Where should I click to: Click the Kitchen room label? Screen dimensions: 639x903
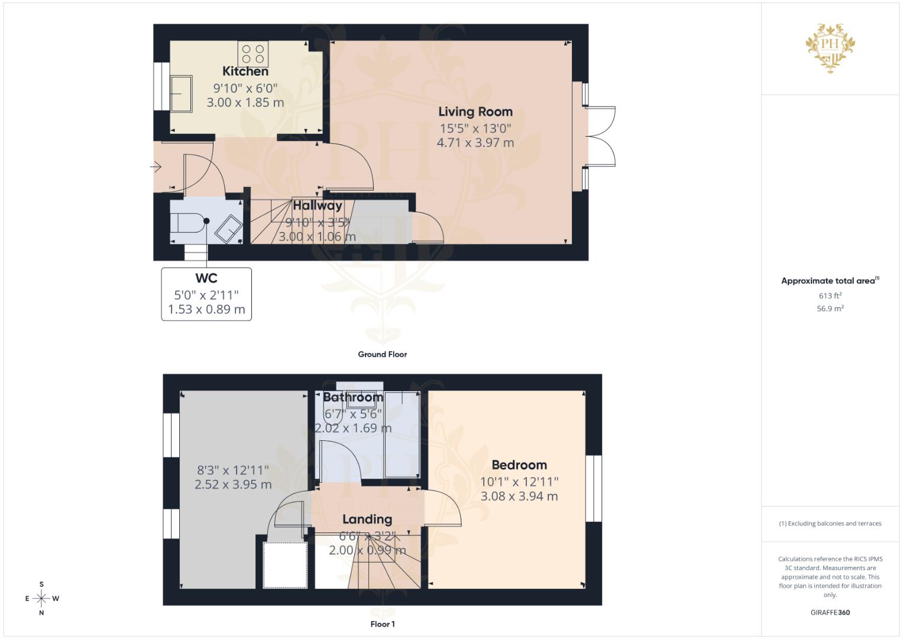click(x=245, y=72)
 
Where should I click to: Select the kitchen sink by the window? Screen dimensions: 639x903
click(x=181, y=93)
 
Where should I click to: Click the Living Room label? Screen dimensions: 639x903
click(x=475, y=112)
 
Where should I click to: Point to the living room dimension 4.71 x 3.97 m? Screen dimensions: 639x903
click(x=475, y=143)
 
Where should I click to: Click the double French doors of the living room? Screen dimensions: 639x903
click(x=600, y=136)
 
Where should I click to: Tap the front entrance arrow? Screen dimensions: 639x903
click(x=156, y=167)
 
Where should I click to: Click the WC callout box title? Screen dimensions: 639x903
click(x=206, y=278)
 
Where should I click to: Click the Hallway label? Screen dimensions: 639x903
click(x=318, y=206)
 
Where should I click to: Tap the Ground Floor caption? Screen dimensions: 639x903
click(x=382, y=354)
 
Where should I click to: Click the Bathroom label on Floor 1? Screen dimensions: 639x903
click(x=353, y=398)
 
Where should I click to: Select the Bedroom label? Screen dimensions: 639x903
click(x=519, y=465)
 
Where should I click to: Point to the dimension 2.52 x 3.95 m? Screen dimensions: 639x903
click(x=233, y=485)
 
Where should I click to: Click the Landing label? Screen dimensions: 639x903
click(x=367, y=519)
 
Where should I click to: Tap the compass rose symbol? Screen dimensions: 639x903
click(x=41, y=599)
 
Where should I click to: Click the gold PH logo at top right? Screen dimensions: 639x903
click(x=830, y=47)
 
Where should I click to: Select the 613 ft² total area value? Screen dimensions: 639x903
click(x=830, y=296)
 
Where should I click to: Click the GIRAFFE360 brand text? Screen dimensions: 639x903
click(x=830, y=612)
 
